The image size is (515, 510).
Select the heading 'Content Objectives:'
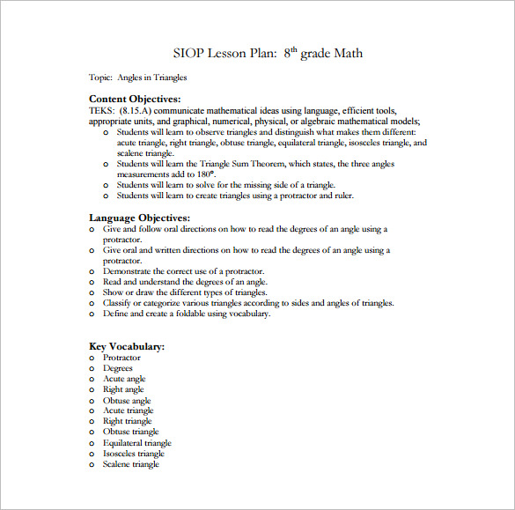coord(135,100)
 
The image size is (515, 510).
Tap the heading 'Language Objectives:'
coord(139,218)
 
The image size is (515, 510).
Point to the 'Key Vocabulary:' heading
coord(127,347)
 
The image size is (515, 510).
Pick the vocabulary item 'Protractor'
coord(121,358)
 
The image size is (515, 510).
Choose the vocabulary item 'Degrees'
coord(118,368)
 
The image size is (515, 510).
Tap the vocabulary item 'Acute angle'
coord(124,379)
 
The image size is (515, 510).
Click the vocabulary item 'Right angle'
coord(123,389)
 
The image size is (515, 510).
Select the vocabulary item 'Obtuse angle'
coord(127,401)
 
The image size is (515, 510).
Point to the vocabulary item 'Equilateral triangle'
coord(136,443)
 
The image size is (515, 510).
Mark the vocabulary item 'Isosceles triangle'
coord(133,454)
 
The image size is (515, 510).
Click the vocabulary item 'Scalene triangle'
coord(130,464)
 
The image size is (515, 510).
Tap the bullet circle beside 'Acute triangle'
coord(92,411)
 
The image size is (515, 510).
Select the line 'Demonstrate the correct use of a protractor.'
coord(182,271)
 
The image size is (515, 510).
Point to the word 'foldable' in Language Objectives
coord(188,314)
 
